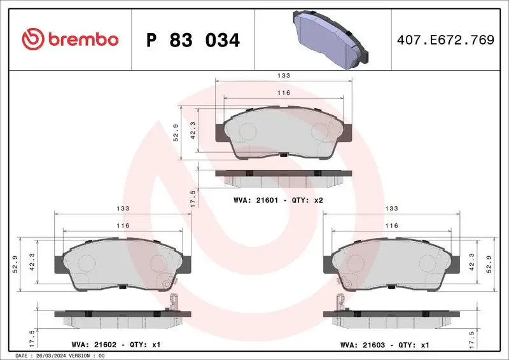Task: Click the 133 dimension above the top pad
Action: tap(284, 76)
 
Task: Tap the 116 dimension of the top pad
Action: tap(284, 93)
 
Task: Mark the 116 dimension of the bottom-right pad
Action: tap(392, 226)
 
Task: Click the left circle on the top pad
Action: tap(248, 132)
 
